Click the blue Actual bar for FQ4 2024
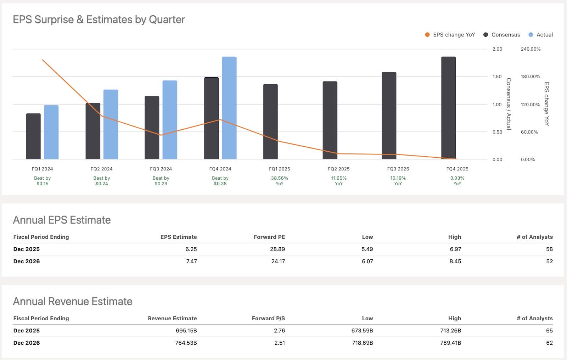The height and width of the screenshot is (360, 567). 229,108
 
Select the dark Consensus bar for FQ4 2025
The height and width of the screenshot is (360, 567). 448,108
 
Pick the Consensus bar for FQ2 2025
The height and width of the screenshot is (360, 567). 330,120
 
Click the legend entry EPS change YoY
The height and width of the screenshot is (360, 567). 450,35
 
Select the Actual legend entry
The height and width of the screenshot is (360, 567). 541,35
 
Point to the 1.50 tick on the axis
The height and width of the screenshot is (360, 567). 497,77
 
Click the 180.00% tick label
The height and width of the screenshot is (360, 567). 530,77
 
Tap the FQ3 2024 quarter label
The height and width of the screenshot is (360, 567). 161,169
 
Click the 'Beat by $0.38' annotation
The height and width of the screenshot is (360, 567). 220,181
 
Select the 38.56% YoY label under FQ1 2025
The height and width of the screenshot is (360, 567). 279,181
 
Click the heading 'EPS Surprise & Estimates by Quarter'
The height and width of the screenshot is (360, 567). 99,19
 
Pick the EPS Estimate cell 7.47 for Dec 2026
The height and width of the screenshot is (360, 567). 191,261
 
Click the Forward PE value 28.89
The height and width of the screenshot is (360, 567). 277,249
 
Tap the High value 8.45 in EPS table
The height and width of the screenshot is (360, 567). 455,261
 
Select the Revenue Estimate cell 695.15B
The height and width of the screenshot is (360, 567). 186,331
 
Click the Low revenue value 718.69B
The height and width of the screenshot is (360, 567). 362,343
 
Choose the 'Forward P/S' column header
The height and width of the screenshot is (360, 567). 268,319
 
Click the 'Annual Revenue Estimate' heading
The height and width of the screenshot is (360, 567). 73,302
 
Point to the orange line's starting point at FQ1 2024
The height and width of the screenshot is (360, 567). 43,60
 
